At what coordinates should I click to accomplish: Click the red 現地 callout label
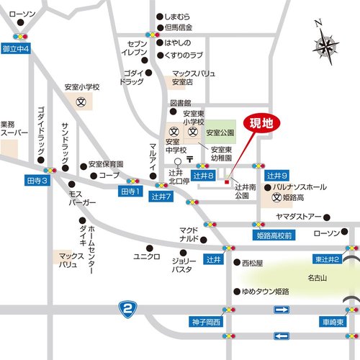click(x=261, y=123)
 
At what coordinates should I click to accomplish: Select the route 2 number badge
click(x=127, y=309)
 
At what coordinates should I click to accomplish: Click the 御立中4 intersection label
click(x=15, y=49)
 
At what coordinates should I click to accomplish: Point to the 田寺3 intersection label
click(x=36, y=180)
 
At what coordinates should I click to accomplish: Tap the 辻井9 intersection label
click(x=277, y=176)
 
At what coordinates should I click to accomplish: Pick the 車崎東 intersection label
click(x=336, y=321)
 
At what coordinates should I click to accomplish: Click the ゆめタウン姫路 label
click(x=265, y=292)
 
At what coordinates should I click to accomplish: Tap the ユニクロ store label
click(x=147, y=256)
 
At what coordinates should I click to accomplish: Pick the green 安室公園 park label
click(x=219, y=133)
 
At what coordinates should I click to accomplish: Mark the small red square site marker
click(x=227, y=182)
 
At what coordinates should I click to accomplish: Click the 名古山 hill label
click(x=317, y=277)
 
